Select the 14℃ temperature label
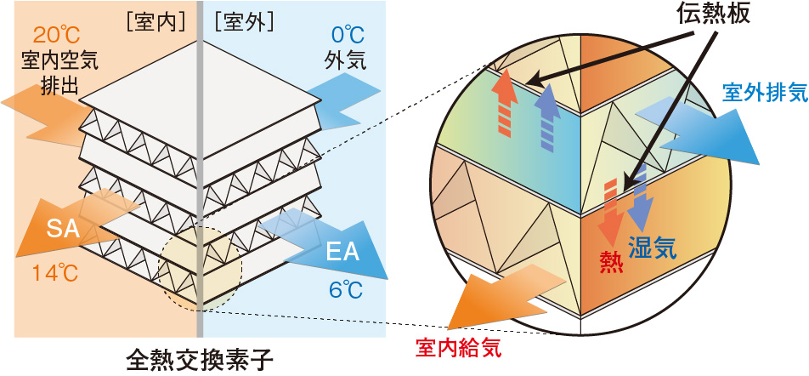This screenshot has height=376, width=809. [x=53, y=275]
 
